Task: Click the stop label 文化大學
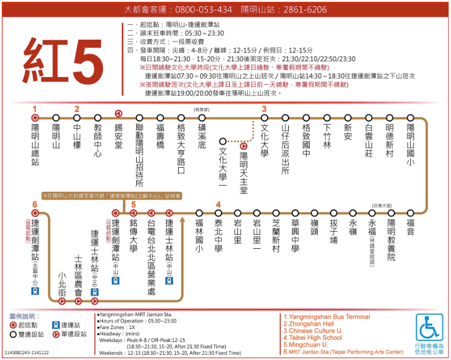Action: [264, 140]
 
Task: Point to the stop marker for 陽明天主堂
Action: [243, 147]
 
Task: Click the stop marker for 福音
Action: [411, 213]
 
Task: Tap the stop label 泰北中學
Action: [219, 235]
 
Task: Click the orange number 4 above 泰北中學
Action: [218, 204]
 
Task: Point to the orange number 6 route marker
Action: [35, 204]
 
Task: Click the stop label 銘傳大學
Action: [133, 235]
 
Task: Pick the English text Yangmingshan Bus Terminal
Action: [328, 317]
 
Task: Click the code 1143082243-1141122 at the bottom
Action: [27, 352]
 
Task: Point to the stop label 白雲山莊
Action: [369, 140]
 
